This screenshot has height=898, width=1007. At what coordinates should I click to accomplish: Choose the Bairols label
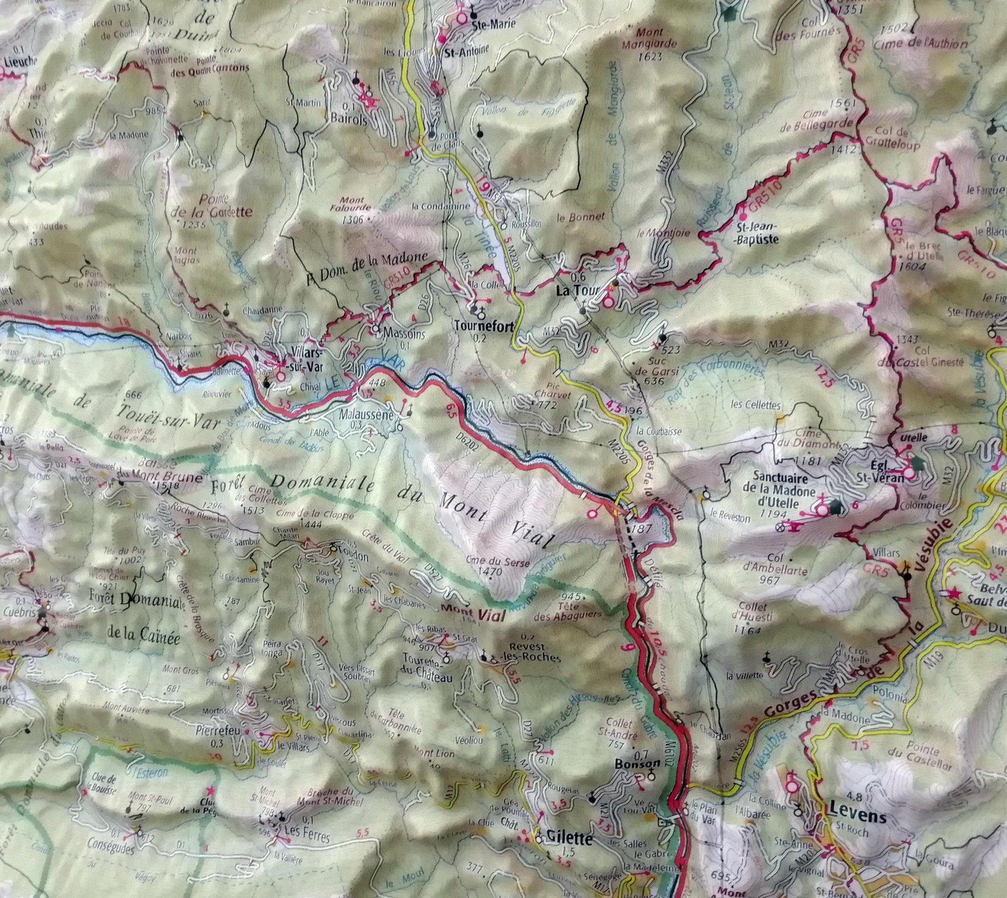point(349,120)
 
